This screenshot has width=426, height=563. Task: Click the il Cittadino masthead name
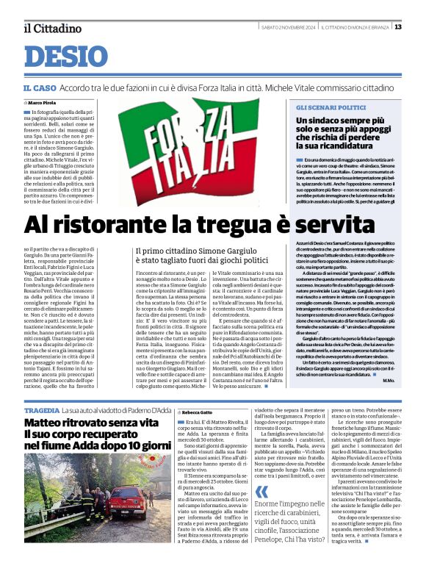click(x=51, y=28)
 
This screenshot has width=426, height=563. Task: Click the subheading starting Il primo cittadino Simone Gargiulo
click(x=202, y=254)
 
